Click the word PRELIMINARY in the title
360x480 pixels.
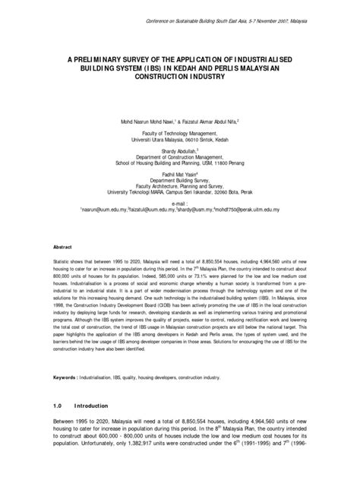[x=96, y=59]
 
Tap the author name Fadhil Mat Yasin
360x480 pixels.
[x=179, y=175]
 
